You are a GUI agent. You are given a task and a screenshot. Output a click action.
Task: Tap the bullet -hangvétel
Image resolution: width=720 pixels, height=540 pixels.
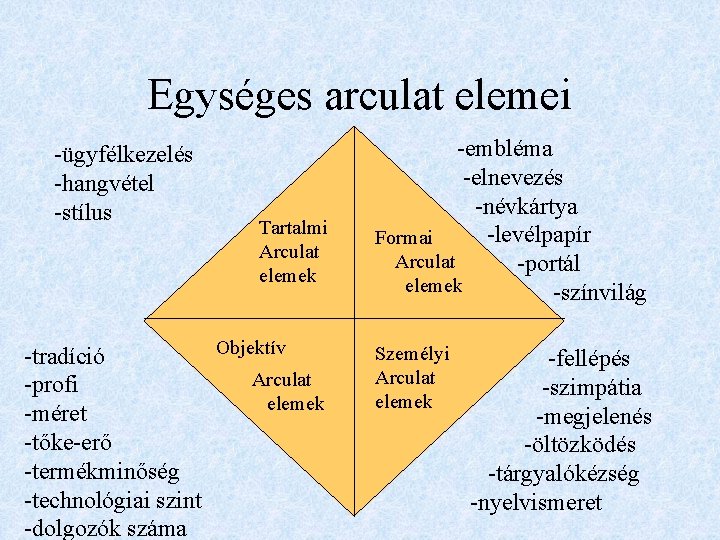103,184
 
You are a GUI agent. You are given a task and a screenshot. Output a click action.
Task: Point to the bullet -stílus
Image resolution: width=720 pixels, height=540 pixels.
83,213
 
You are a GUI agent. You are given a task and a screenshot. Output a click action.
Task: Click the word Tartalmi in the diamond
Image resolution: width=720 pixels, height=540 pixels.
292,229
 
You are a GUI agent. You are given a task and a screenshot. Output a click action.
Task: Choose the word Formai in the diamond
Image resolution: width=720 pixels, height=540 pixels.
403,238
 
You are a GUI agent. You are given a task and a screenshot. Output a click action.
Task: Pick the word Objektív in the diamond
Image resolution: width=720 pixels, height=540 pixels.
251,348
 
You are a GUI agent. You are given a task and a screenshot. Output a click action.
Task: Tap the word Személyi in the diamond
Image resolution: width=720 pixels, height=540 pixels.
412,353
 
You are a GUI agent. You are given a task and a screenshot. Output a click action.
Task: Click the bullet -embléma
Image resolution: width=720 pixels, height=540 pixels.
505,149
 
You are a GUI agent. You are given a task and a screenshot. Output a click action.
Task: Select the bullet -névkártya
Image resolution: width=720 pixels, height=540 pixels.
526,207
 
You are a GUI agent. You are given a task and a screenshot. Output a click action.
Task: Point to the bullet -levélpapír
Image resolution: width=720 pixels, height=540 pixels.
538,236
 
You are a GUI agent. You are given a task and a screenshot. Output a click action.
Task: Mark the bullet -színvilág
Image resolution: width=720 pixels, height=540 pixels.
599,293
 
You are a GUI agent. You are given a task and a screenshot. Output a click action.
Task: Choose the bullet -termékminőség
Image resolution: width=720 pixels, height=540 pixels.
101,470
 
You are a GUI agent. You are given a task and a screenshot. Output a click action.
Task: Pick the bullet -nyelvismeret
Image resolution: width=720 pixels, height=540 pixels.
536,502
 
